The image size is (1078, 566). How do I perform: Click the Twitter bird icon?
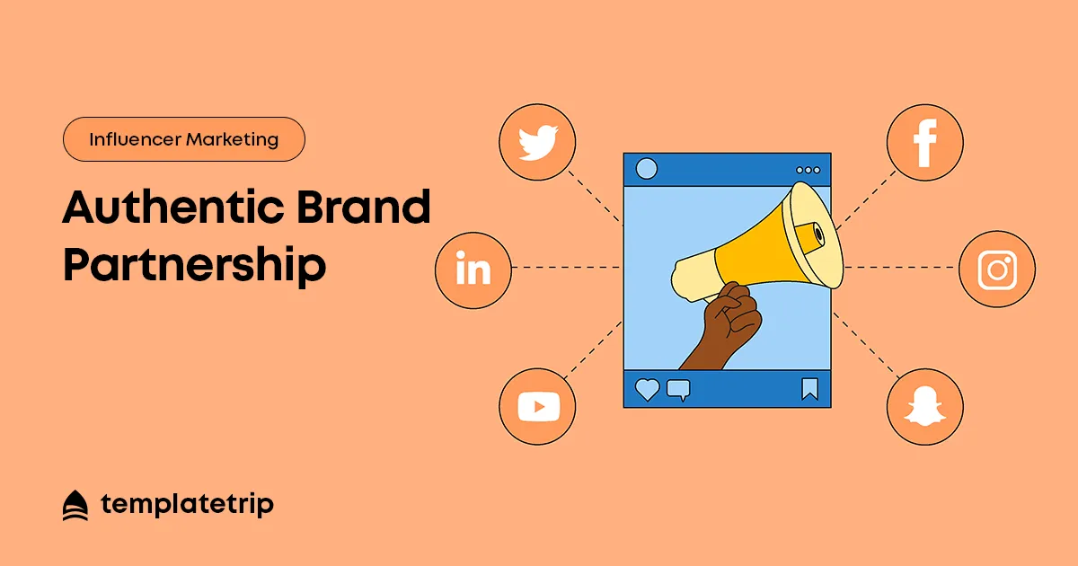click(538, 143)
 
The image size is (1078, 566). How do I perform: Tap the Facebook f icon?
click(925, 143)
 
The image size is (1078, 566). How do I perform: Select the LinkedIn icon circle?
click(473, 270)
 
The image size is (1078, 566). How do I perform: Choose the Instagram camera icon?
click(997, 270)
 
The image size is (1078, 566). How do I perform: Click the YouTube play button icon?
click(538, 407)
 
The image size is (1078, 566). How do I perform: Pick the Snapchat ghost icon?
click(925, 407)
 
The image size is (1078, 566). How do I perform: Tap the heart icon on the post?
click(647, 389)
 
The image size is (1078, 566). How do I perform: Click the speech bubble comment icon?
click(678, 390)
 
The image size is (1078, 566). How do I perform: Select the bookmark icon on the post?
click(810, 389)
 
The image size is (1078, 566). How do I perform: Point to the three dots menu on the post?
click(808, 170)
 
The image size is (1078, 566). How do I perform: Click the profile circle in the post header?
click(646, 169)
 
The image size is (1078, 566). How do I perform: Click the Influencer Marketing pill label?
click(184, 139)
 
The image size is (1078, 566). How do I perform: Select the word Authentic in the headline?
click(173, 207)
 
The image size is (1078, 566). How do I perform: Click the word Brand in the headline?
click(363, 207)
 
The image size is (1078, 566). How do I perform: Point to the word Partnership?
click(194, 266)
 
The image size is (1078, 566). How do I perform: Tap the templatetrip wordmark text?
click(187, 505)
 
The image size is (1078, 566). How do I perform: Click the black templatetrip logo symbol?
click(75, 505)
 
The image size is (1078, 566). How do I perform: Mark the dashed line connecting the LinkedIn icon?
click(567, 267)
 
